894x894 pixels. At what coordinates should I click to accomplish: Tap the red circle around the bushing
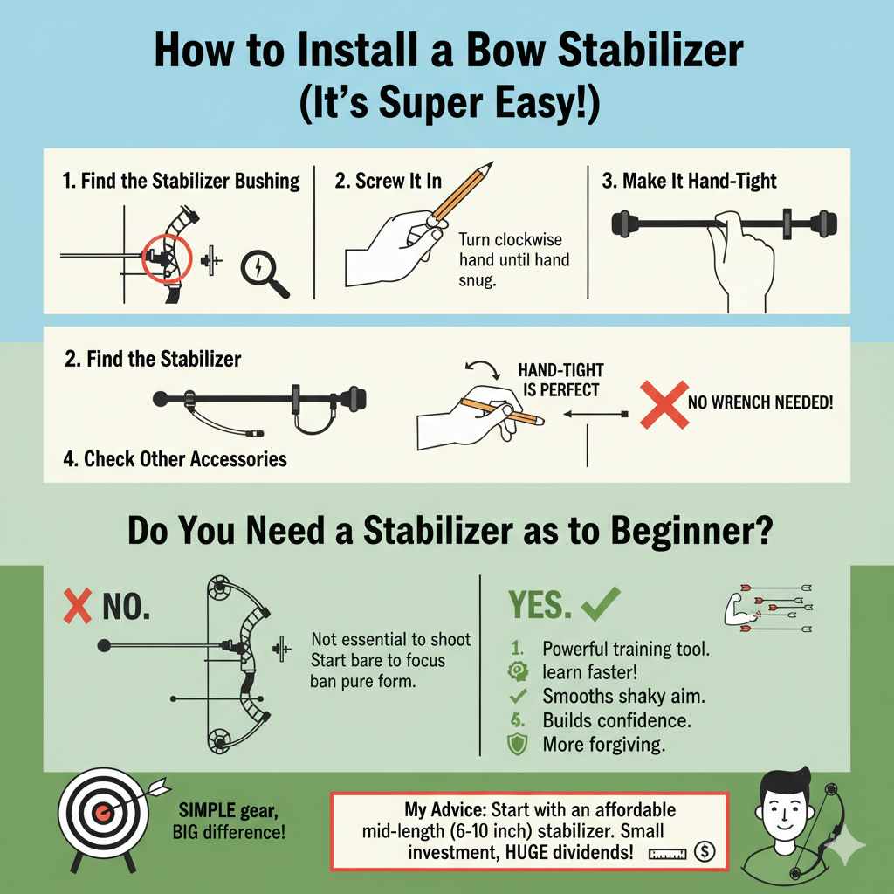(162, 258)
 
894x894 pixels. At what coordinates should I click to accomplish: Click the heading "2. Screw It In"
(388, 182)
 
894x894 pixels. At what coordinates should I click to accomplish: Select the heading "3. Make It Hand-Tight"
(689, 182)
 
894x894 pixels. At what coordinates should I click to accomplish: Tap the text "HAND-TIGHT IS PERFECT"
(560, 381)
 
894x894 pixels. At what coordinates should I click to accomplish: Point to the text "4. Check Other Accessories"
(175, 458)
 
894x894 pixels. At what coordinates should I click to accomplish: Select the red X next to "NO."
(78, 607)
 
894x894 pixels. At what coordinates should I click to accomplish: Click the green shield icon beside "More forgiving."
(516, 745)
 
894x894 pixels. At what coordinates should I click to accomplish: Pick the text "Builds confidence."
(616, 721)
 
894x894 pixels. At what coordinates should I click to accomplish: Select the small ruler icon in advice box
(666, 852)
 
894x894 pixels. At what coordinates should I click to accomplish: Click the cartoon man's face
(778, 808)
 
